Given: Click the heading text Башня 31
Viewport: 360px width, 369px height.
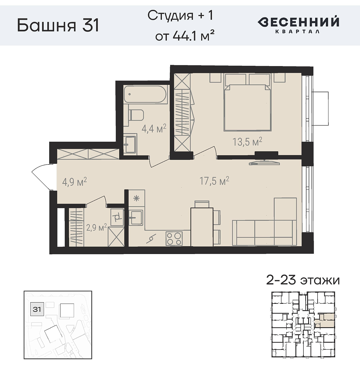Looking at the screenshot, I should pyautogui.click(x=58, y=25).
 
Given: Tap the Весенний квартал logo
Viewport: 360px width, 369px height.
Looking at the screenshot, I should pyautogui.click(x=298, y=24).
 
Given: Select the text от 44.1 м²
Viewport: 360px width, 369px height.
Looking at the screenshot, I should pyautogui.click(x=184, y=36).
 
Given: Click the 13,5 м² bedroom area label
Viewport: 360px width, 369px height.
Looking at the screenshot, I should pyautogui.click(x=247, y=142).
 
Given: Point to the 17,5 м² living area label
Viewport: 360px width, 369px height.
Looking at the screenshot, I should pyautogui.click(x=214, y=181).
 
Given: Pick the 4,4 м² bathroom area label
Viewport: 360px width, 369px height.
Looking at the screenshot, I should pyautogui.click(x=154, y=128).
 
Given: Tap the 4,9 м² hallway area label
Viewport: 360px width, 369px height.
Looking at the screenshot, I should pyautogui.click(x=74, y=182).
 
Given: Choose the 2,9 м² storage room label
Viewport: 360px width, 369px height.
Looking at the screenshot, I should pyautogui.click(x=96, y=228).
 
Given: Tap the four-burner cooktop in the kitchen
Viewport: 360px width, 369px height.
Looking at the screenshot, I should pyautogui.click(x=174, y=239).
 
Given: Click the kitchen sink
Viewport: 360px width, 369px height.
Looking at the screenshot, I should pyautogui.click(x=135, y=218).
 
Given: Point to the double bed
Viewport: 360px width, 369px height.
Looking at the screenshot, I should pyautogui.click(x=248, y=108).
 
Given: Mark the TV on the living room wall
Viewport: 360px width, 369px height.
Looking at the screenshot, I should pyautogui.click(x=264, y=163).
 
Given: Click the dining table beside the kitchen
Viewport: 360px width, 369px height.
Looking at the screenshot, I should pyautogui.click(x=202, y=227).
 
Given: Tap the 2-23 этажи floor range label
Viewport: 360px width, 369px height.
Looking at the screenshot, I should pyautogui.click(x=303, y=280).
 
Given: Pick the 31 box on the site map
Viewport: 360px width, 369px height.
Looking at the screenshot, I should pyautogui.click(x=37, y=309).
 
